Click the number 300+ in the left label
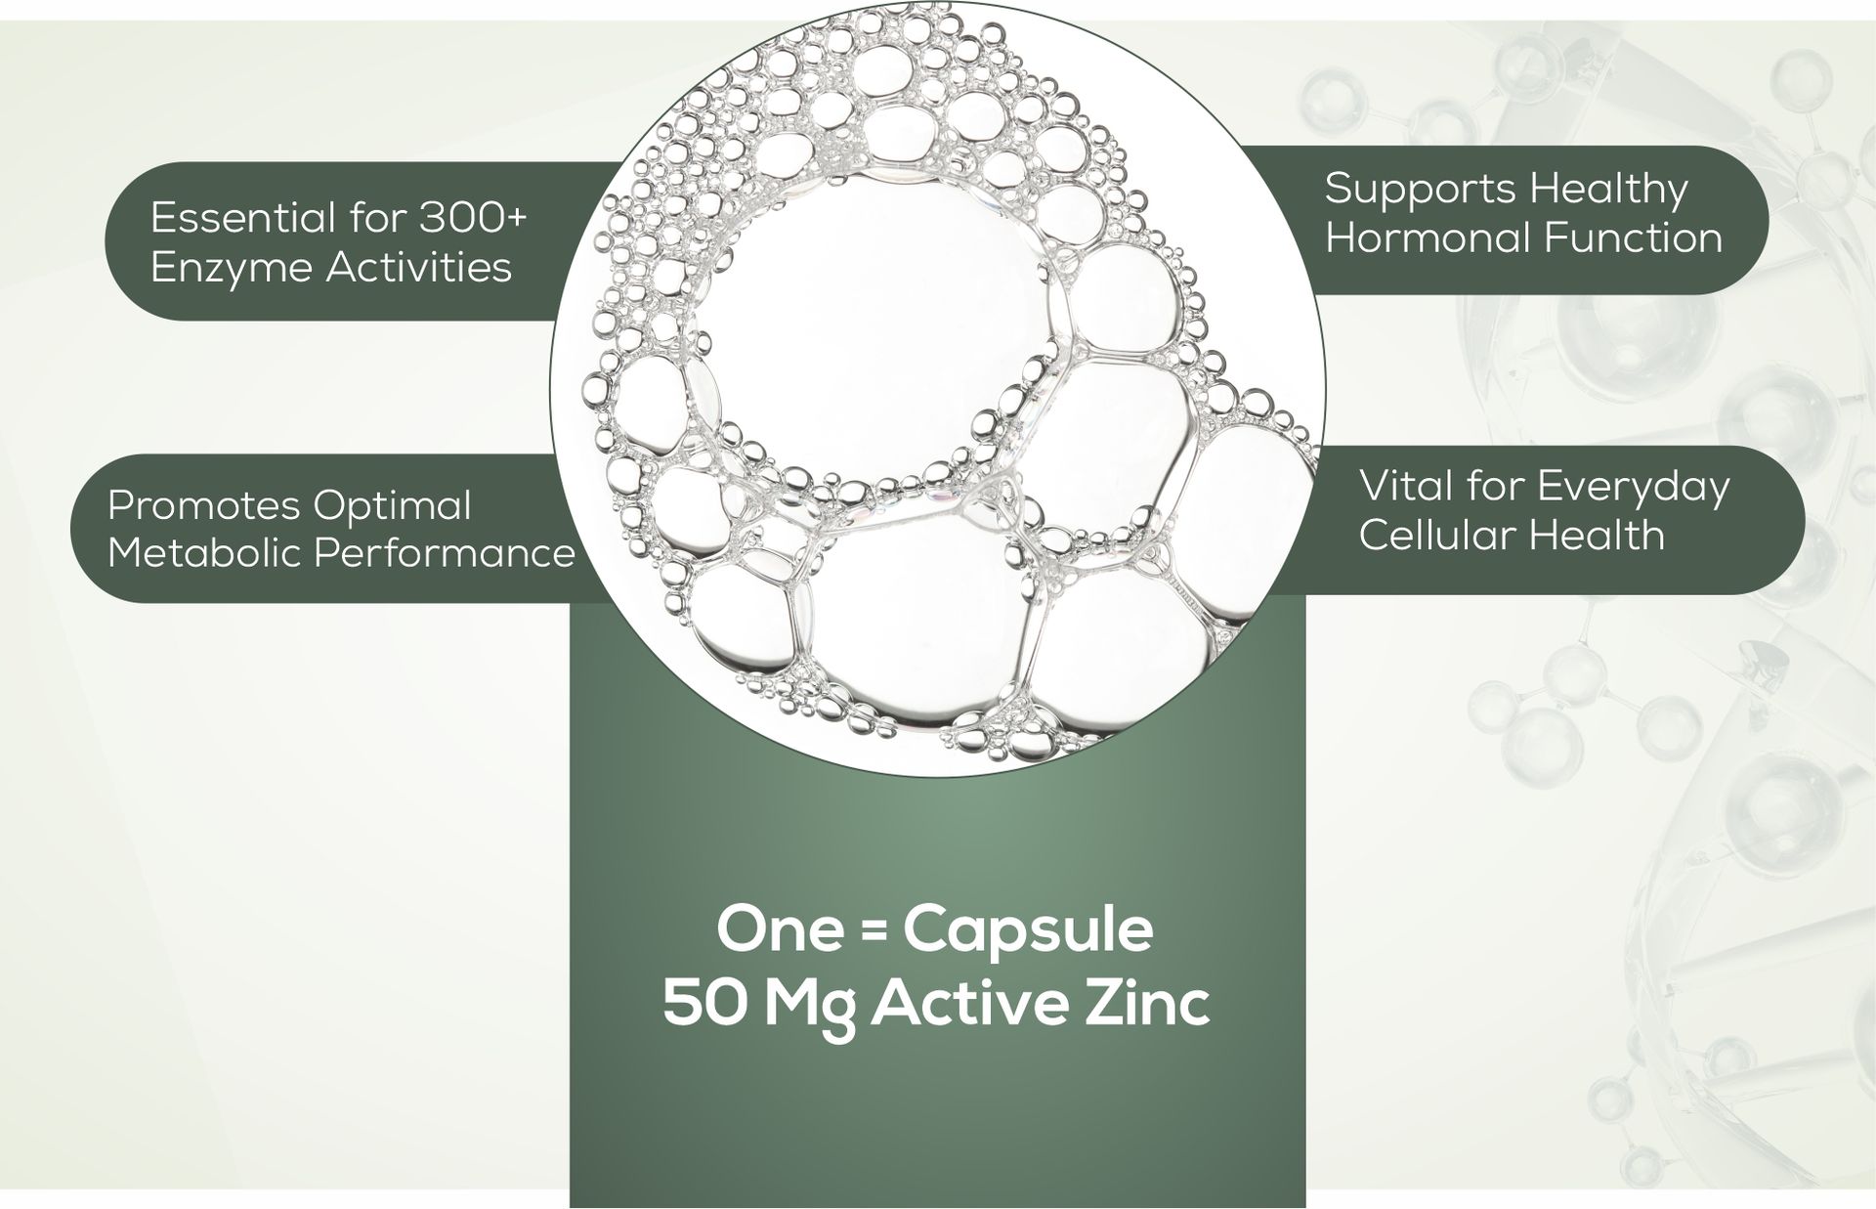(x=473, y=217)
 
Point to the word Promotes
(x=203, y=505)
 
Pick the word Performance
(x=444, y=552)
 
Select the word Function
(x=1629, y=237)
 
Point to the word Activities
(x=420, y=267)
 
